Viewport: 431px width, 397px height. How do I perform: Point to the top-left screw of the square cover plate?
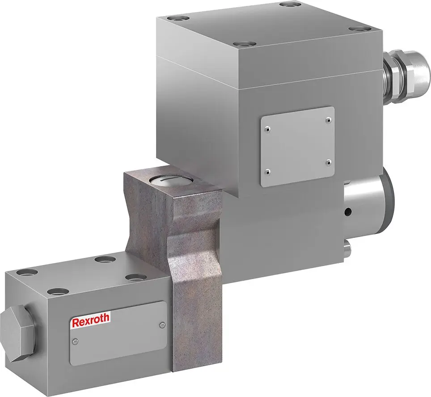coord(267,129)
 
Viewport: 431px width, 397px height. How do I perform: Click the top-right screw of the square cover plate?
coord(329,119)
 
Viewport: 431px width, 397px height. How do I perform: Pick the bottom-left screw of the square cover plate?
coord(267,171)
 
